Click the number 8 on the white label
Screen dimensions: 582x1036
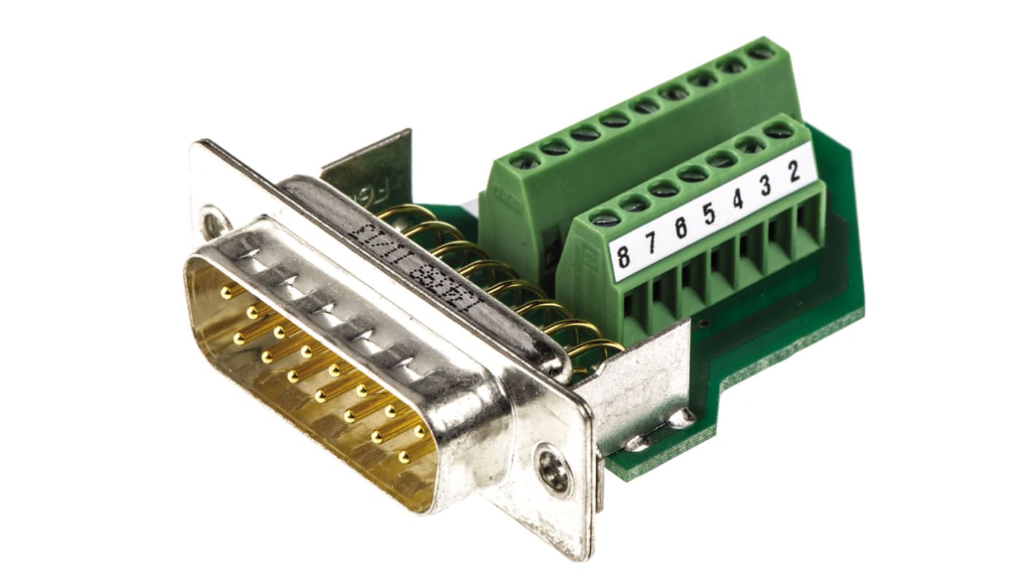(623, 256)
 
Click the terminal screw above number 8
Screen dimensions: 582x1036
(605, 217)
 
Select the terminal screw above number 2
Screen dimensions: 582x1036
(778, 132)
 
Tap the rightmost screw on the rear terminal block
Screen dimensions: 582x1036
(760, 53)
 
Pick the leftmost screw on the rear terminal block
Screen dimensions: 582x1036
(525, 161)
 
